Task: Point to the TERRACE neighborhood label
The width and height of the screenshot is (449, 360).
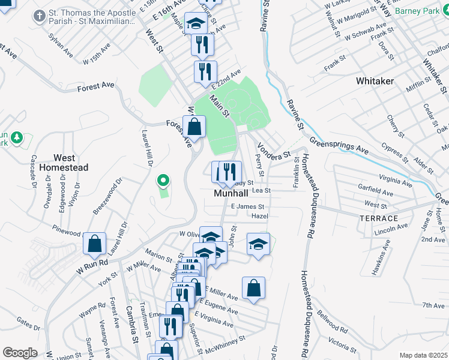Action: pos(379,218)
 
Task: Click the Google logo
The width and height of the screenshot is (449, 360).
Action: pos(20,353)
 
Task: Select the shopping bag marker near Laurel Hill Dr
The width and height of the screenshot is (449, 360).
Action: pos(95,244)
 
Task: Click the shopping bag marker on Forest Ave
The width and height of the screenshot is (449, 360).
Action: pos(194,127)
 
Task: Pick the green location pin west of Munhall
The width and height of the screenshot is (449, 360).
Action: pos(162,180)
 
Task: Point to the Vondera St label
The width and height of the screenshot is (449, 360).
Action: pos(273,150)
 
